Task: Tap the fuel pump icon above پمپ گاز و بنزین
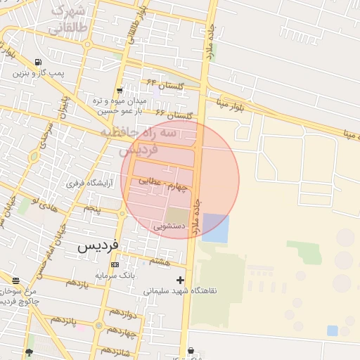[37, 62]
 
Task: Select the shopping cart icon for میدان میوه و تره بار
[120, 90]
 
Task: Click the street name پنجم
[93, 209]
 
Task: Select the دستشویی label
[169, 226]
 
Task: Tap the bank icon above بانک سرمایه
[115, 264]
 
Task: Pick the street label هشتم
[160, 261]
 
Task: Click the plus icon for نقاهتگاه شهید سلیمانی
[181, 280]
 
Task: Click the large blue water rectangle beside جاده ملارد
[215, 229]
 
